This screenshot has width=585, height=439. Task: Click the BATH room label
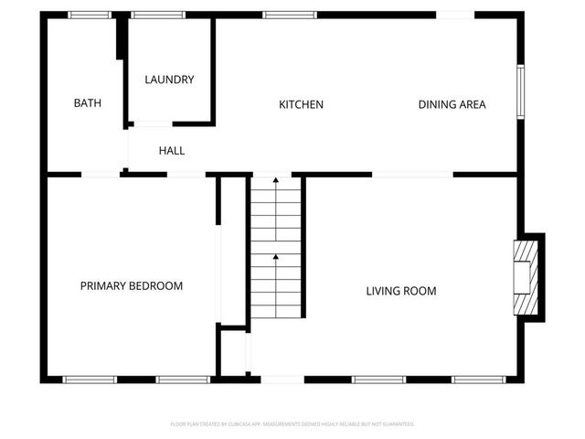click(x=87, y=103)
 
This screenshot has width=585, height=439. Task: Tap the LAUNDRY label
click(x=169, y=80)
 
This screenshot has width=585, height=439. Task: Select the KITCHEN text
click(x=301, y=104)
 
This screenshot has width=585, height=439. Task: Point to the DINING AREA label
click(x=452, y=104)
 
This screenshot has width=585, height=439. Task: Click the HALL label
click(x=172, y=150)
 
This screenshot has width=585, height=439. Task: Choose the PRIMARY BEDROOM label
click(x=131, y=286)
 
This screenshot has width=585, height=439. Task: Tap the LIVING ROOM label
click(x=400, y=291)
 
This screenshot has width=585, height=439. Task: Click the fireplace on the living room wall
click(x=526, y=278)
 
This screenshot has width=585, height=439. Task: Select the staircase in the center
click(x=276, y=247)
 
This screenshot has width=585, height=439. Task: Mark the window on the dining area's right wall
click(x=519, y=91)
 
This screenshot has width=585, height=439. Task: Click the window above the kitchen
click(x=290, y=15)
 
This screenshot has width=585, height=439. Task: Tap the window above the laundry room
click(x=157, y=15)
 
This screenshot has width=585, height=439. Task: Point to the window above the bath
click(x=90, y=15)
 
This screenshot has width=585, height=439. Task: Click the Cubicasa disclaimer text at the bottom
click(x=292, y=423)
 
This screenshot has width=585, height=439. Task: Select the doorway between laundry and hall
click(x=151, y=123)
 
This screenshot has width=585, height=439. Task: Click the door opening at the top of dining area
click(x=454, y=15)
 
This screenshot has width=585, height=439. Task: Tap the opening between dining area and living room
click(x=412, y=174)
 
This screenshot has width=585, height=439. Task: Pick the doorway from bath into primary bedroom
click(x=101, y=174)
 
